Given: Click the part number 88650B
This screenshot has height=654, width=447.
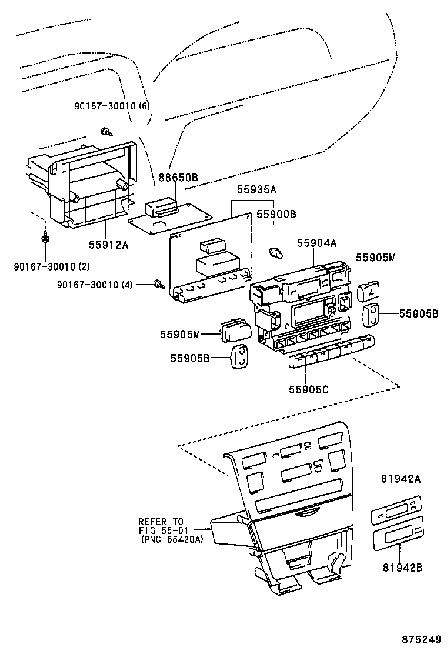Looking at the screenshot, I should click(x=178, y=176).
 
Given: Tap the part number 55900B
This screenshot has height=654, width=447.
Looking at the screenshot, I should click(x=276, y=215).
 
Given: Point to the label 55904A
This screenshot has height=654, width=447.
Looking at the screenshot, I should click(x=316, y=242).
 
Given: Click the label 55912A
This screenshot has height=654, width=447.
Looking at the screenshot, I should click(x=108, y=245).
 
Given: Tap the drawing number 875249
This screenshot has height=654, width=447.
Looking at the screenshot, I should click(x=422, y=639).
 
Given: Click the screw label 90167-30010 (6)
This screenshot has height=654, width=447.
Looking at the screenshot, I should click(x=112, y=105).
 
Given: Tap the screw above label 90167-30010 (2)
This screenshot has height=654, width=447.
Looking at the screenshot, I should click(x=45, y=238).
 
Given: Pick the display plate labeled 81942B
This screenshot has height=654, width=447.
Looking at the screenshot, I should click(x=397, y=530).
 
